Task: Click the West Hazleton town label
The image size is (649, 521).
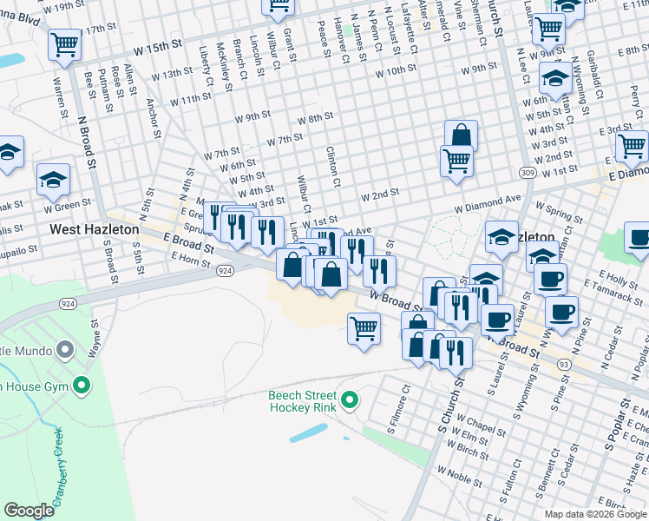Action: [94, 229]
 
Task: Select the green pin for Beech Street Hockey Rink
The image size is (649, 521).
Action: [350, 399]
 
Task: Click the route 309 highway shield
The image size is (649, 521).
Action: [528, 173]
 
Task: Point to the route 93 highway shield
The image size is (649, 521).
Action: [564, 364]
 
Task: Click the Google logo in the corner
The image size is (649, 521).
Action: [29, 511]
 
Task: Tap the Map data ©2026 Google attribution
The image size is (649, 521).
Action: [595, 514]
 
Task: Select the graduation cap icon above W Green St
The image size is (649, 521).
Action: [53, 181]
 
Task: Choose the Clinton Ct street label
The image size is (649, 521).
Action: [332, 165]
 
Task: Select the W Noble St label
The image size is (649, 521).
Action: [459, 473]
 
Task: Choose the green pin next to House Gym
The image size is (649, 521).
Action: [82, 384]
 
